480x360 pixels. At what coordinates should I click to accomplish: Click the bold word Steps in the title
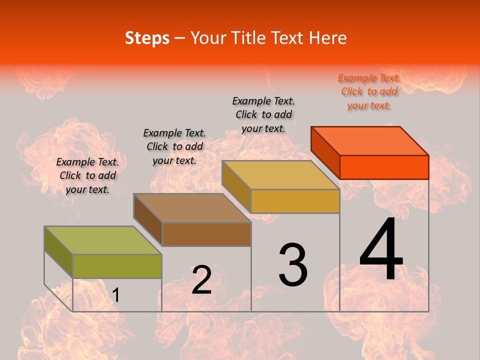(x=147, y=38)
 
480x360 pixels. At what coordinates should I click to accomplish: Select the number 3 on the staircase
(x=293, y=265)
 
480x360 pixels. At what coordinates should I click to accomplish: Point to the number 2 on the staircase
(x=201, y=280)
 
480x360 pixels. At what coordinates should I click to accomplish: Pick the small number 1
(x=116, y=295)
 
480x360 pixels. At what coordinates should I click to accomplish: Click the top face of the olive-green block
(x=103, y=240)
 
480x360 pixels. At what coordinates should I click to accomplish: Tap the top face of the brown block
(x=192, y=207)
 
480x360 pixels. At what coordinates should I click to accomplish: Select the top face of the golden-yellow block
(x=280, y=175)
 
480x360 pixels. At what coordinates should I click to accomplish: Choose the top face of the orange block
(x=370, y=140)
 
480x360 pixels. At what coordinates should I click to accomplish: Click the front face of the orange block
(x=384, y=167)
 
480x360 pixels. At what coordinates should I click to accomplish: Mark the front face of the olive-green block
(x=117, y=266)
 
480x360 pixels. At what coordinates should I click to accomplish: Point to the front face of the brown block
(x=206, y=234)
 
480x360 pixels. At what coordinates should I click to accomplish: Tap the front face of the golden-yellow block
(x=295, y=201)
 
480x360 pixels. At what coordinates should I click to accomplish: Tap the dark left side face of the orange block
(x=325, y=152)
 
